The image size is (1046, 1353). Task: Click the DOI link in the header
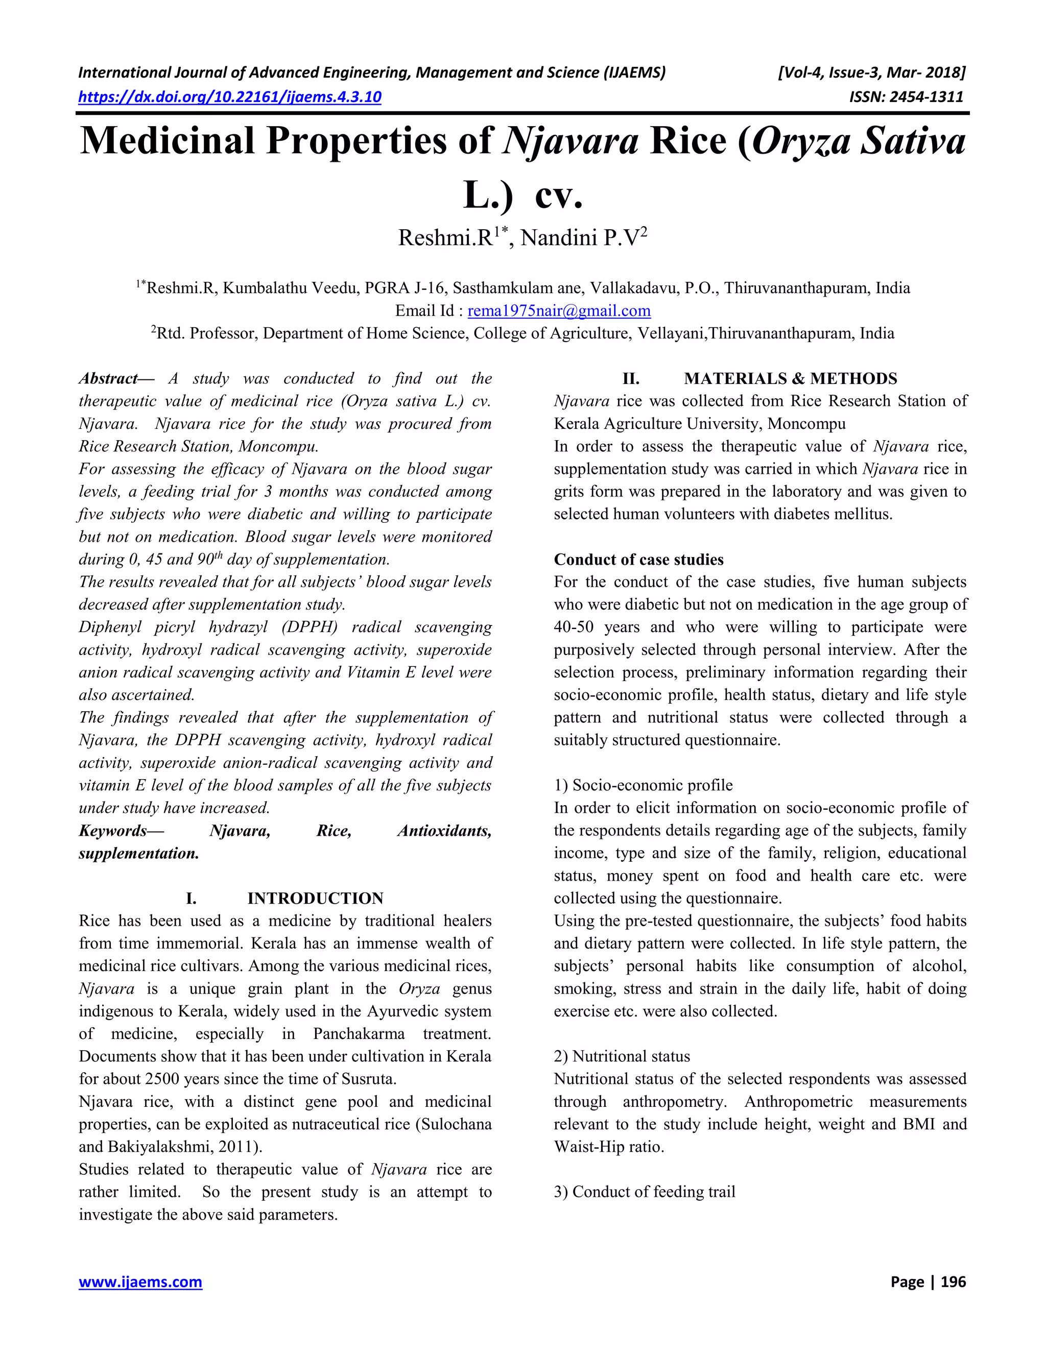[x=230, y=96]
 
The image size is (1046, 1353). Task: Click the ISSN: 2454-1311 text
[x=906, y=96]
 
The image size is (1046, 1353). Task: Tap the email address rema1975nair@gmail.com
[x=559, y=310]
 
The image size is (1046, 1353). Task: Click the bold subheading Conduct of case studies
[x=638, y=560]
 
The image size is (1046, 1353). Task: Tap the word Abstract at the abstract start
[x=108, y=378]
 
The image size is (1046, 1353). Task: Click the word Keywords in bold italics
[x=113, y=831]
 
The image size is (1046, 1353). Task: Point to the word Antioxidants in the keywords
[x=444, y=831]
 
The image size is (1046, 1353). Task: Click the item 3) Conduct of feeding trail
[x=644, y=1192]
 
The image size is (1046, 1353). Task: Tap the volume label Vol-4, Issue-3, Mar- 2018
[x=871, y=73]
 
